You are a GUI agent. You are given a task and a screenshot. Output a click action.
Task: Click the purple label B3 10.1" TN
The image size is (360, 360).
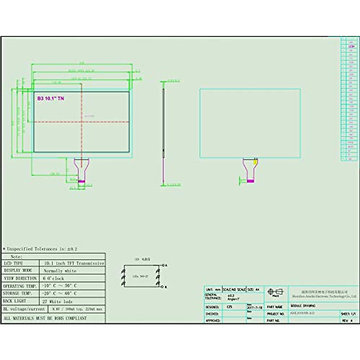point(50,98)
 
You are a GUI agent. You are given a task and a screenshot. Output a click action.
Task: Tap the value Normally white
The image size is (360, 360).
point(60,271)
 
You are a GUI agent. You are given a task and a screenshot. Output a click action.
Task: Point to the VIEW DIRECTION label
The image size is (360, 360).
point(20,278)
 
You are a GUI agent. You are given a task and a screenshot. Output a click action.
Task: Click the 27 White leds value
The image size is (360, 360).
point(58,301)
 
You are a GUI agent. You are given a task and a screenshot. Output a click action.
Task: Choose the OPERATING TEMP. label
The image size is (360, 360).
point(20,286)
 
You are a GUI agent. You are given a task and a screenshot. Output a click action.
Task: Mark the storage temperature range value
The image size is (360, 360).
point(60,293)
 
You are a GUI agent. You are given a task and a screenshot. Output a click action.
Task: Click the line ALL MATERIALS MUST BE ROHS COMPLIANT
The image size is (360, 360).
point(45,318)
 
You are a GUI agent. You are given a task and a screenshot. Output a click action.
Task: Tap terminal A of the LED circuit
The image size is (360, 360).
point(164,265)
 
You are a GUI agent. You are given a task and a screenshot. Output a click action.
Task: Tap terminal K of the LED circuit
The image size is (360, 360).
point(164,287)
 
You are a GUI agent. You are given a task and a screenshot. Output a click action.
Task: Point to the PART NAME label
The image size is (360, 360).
point(274,307)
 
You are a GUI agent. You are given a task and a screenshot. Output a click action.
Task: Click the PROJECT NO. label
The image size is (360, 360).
point(275,314)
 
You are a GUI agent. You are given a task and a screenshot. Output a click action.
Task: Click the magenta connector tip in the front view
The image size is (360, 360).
point(82,181)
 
